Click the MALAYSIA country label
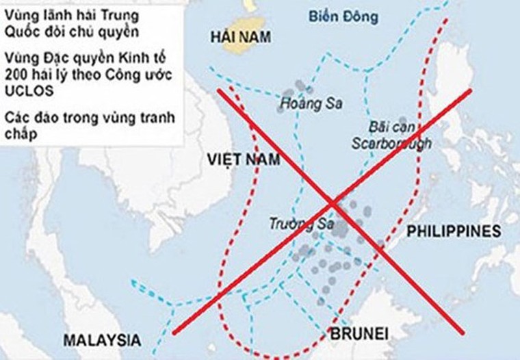tap(102, 339)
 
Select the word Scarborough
tap(391, 143)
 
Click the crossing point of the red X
tap(333, 203)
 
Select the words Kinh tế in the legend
tap(142, 59)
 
